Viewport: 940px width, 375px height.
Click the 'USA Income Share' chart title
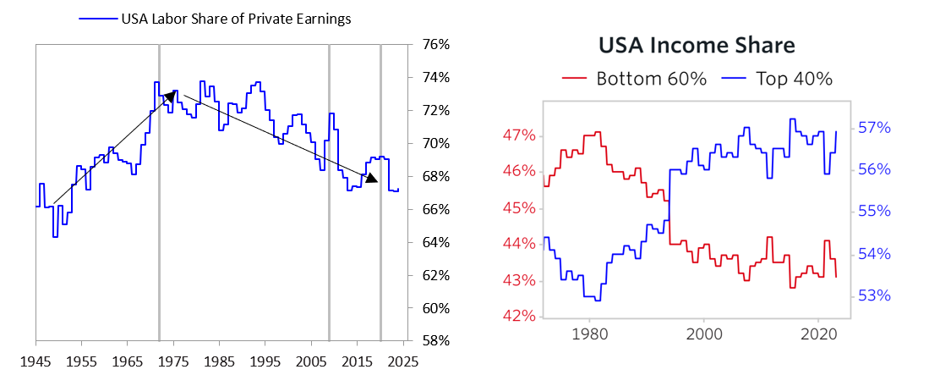(697, 46)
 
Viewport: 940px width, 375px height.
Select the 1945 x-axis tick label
(36, 359)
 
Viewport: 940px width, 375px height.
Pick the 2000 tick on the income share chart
(703, 334)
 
